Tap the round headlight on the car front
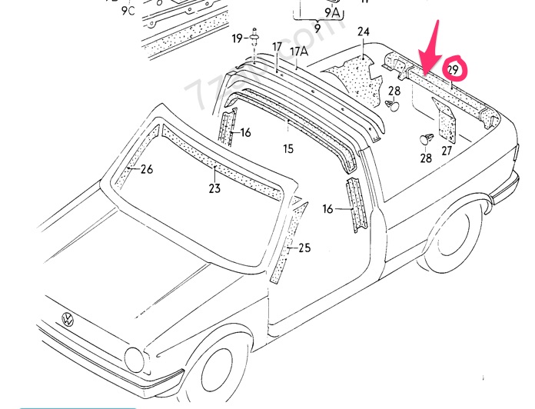(135, 358)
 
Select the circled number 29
(453, 71)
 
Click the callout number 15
(287, 148)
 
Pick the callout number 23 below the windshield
(214, 188)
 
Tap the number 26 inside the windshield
(146, 169)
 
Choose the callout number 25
(304, 248)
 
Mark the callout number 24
(363, 32)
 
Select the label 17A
(298, 51)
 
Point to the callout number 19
(238, 38)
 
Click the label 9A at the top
(332, 12)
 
